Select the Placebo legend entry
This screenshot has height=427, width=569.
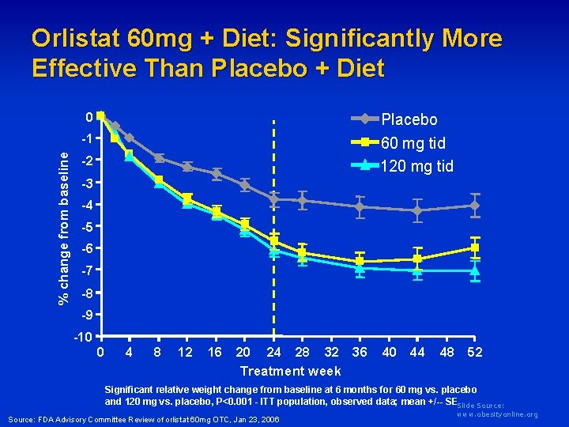[409, 120]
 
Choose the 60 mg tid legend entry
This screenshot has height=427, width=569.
[413, 143]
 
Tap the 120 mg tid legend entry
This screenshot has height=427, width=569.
[416, 166]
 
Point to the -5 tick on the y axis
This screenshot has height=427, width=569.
[91, 228]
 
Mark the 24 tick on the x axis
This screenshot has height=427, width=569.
[273, 352]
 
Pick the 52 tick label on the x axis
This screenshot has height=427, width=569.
[475, 352]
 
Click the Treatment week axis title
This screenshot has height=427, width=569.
[290, 371]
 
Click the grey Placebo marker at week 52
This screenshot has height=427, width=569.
[474, 206]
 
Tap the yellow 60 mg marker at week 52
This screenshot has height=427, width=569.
[475, 248]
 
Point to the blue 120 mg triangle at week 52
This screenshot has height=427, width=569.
[475, 270]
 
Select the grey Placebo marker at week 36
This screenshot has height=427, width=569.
[360, 207]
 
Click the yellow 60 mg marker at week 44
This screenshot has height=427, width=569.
[417, 259]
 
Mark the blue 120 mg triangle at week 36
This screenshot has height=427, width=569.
[360, 268]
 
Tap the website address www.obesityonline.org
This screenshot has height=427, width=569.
[497, 414]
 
